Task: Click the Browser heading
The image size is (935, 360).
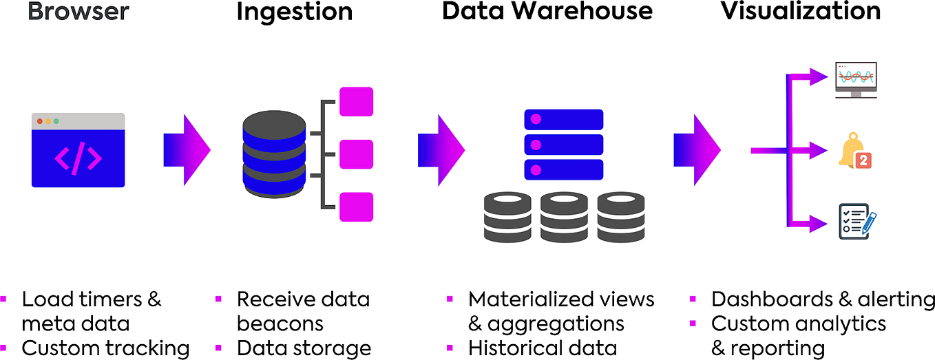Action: [78, 12]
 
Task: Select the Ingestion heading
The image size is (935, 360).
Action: [294, 12]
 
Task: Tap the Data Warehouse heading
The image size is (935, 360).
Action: [547, 12]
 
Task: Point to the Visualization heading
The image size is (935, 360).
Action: [801, 12]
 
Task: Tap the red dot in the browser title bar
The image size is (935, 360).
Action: [40, 121]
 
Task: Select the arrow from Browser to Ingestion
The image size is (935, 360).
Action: [187, 150]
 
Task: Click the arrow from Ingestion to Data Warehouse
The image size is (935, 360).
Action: [441, 150]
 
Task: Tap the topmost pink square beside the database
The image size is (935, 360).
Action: [356, 101]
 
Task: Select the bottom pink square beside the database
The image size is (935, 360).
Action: [356, 207]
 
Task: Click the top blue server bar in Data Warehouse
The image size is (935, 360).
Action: [563, 120]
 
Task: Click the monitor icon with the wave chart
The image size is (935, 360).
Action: [856, 80]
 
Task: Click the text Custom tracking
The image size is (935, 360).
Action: [105, 348]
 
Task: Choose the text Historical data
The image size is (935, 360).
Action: [542, 348]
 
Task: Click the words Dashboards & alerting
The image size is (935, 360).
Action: [823, 299]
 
